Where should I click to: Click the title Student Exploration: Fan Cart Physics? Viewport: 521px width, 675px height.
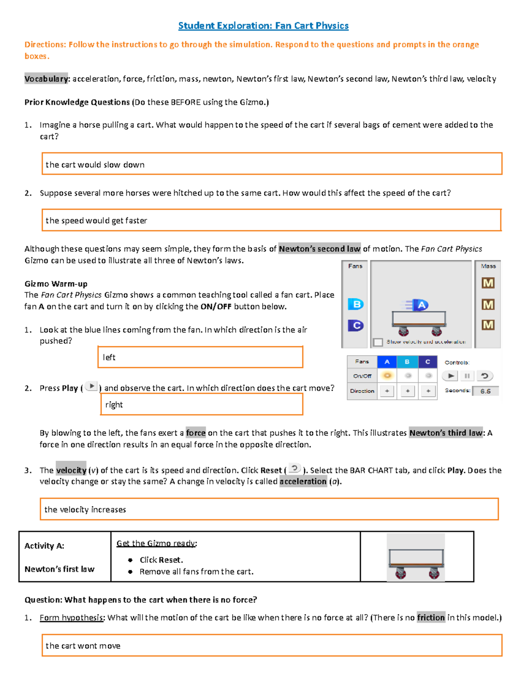pos(263,26)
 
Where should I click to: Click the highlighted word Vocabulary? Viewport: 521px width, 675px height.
pos(46,79)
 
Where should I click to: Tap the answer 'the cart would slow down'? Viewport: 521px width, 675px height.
pos(95,165)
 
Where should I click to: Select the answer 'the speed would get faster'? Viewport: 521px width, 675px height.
pos(96,220)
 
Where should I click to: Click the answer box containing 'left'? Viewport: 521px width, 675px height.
pos(200,357)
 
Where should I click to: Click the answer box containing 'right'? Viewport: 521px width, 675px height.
pos(201,405)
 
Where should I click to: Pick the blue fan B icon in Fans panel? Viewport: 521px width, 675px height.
pos(356,304)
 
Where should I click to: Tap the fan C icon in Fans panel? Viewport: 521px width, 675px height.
pos(356,325)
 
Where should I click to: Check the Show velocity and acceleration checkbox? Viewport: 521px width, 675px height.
pos(378,342)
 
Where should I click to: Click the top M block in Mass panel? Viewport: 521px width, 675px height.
pos(488,283)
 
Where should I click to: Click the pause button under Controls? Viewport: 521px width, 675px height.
pos(467,376)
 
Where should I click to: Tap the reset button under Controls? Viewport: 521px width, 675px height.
pos(485,376)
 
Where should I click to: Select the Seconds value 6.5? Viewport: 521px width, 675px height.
pos(485,391)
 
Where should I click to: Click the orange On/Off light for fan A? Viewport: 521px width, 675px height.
pos(387,376)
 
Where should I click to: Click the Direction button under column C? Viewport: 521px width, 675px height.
pos(428,391)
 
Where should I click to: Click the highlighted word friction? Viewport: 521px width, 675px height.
pos(431,617)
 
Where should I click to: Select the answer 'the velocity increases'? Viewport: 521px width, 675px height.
pos(85,509)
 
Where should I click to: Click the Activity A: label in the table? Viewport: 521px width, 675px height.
pos(44,546)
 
